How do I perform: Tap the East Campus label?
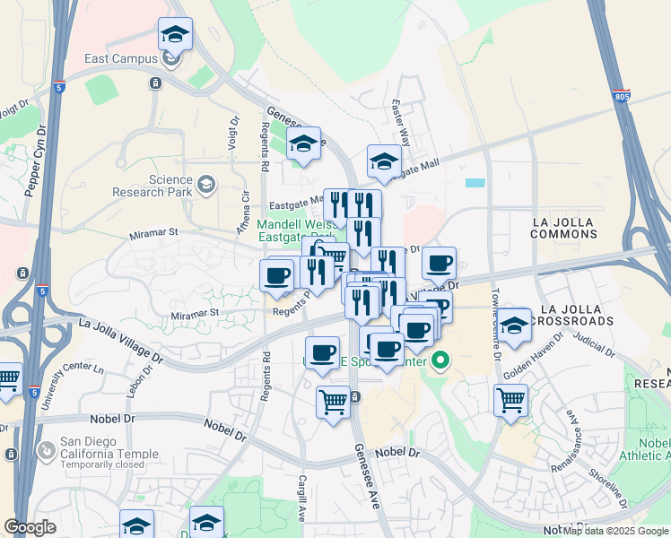click(x=121, y=59)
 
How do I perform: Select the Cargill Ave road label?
click(x=302, y=499)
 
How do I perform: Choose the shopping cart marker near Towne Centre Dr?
click(x=510, y=401)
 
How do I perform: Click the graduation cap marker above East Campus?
click(x=175, y=35)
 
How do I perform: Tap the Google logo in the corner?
click(x=30, y=527)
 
